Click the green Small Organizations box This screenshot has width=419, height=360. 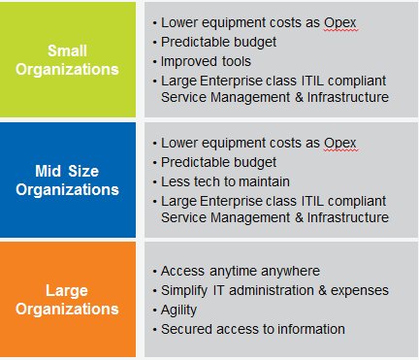(x=70, y=58)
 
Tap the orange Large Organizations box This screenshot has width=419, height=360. (x=70, y=298)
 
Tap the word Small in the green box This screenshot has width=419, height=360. (x=70, y=49)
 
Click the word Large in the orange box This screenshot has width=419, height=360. (x=70, y=288)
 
